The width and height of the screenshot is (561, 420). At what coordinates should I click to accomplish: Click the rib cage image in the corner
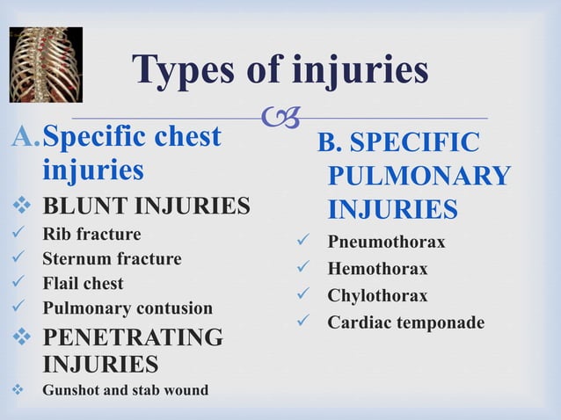point(46,64)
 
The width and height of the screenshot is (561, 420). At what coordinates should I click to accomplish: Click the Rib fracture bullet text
point(91,235)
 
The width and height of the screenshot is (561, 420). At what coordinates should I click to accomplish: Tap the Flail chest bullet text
point(83,284)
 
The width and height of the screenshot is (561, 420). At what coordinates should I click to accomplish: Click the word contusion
point(173,308)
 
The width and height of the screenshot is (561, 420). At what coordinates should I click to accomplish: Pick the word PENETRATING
point(133,337)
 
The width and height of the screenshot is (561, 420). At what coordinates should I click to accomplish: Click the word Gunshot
point(72,389)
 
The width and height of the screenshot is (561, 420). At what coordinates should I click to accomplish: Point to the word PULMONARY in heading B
point(419,176)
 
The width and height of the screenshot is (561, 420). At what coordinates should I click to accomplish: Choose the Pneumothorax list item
point(386,242)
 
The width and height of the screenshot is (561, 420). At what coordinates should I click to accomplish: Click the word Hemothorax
point(377,269)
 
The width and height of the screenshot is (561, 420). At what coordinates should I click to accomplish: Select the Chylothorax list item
point(377,296)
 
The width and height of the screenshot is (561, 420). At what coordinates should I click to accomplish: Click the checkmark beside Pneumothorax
point(303,242)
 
